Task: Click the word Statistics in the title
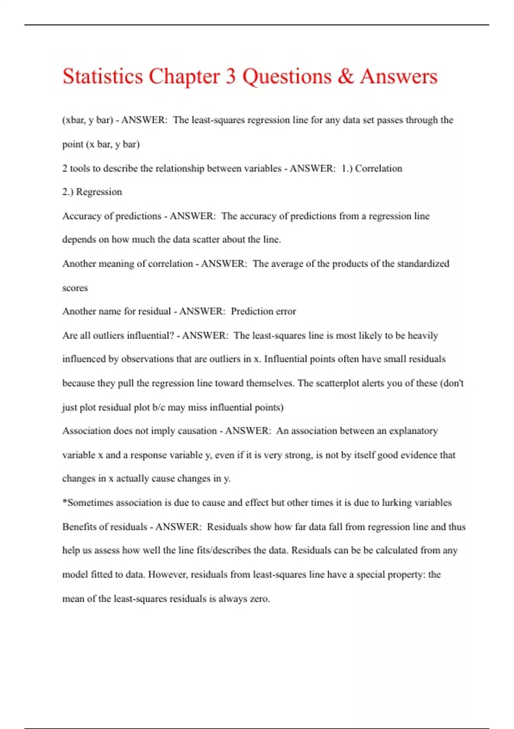[103, 76]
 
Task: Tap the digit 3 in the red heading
[230, 76]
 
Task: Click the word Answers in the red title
[399, 76]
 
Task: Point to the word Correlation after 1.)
[379, 169]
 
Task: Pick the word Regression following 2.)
[99, 192]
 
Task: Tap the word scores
[75, 288]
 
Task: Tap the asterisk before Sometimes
[65, 502]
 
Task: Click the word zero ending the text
[259, 599]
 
